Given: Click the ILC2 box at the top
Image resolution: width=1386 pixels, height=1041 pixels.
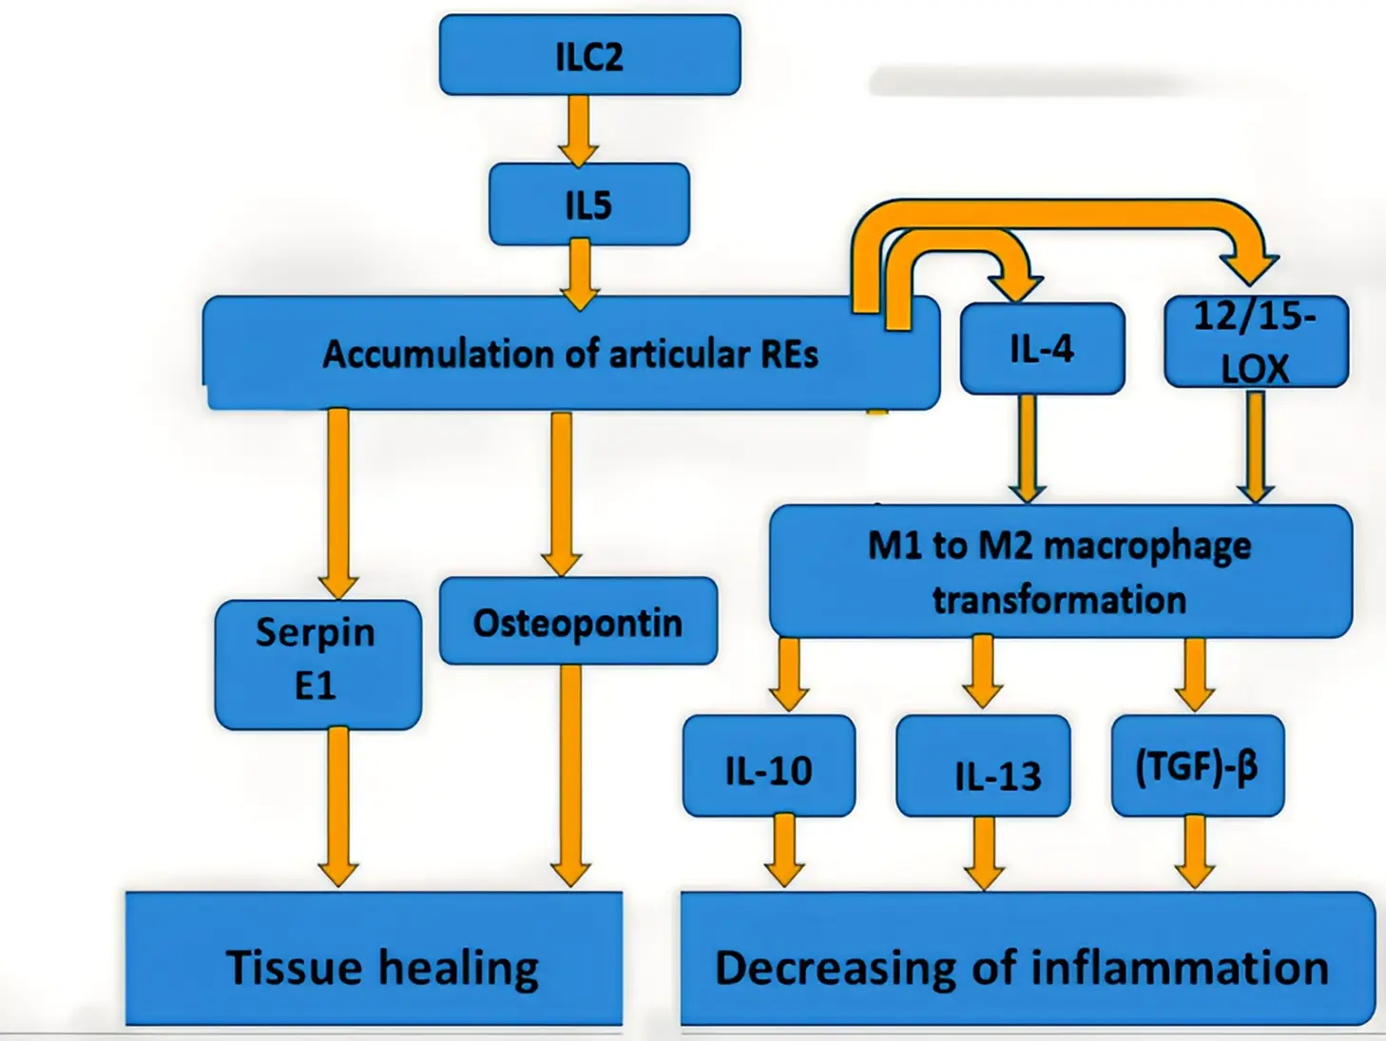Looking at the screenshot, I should [x=589, y=55].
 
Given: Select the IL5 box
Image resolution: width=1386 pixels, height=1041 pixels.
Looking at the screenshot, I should [x=588, y=204].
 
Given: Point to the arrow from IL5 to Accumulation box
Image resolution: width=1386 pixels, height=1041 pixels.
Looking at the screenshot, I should [x=579, y=274].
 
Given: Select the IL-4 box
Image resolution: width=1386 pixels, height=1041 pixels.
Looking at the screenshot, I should [x=1042, y=349].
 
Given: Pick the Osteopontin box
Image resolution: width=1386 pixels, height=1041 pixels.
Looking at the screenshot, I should [x=578, y=622].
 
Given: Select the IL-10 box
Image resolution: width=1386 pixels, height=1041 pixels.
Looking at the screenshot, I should [x=768, y=768].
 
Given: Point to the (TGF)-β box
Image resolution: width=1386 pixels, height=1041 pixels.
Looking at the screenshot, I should [x=1197, y=766].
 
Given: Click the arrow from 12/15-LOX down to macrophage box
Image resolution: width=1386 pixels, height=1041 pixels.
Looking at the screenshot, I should [x=1255, y=447].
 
